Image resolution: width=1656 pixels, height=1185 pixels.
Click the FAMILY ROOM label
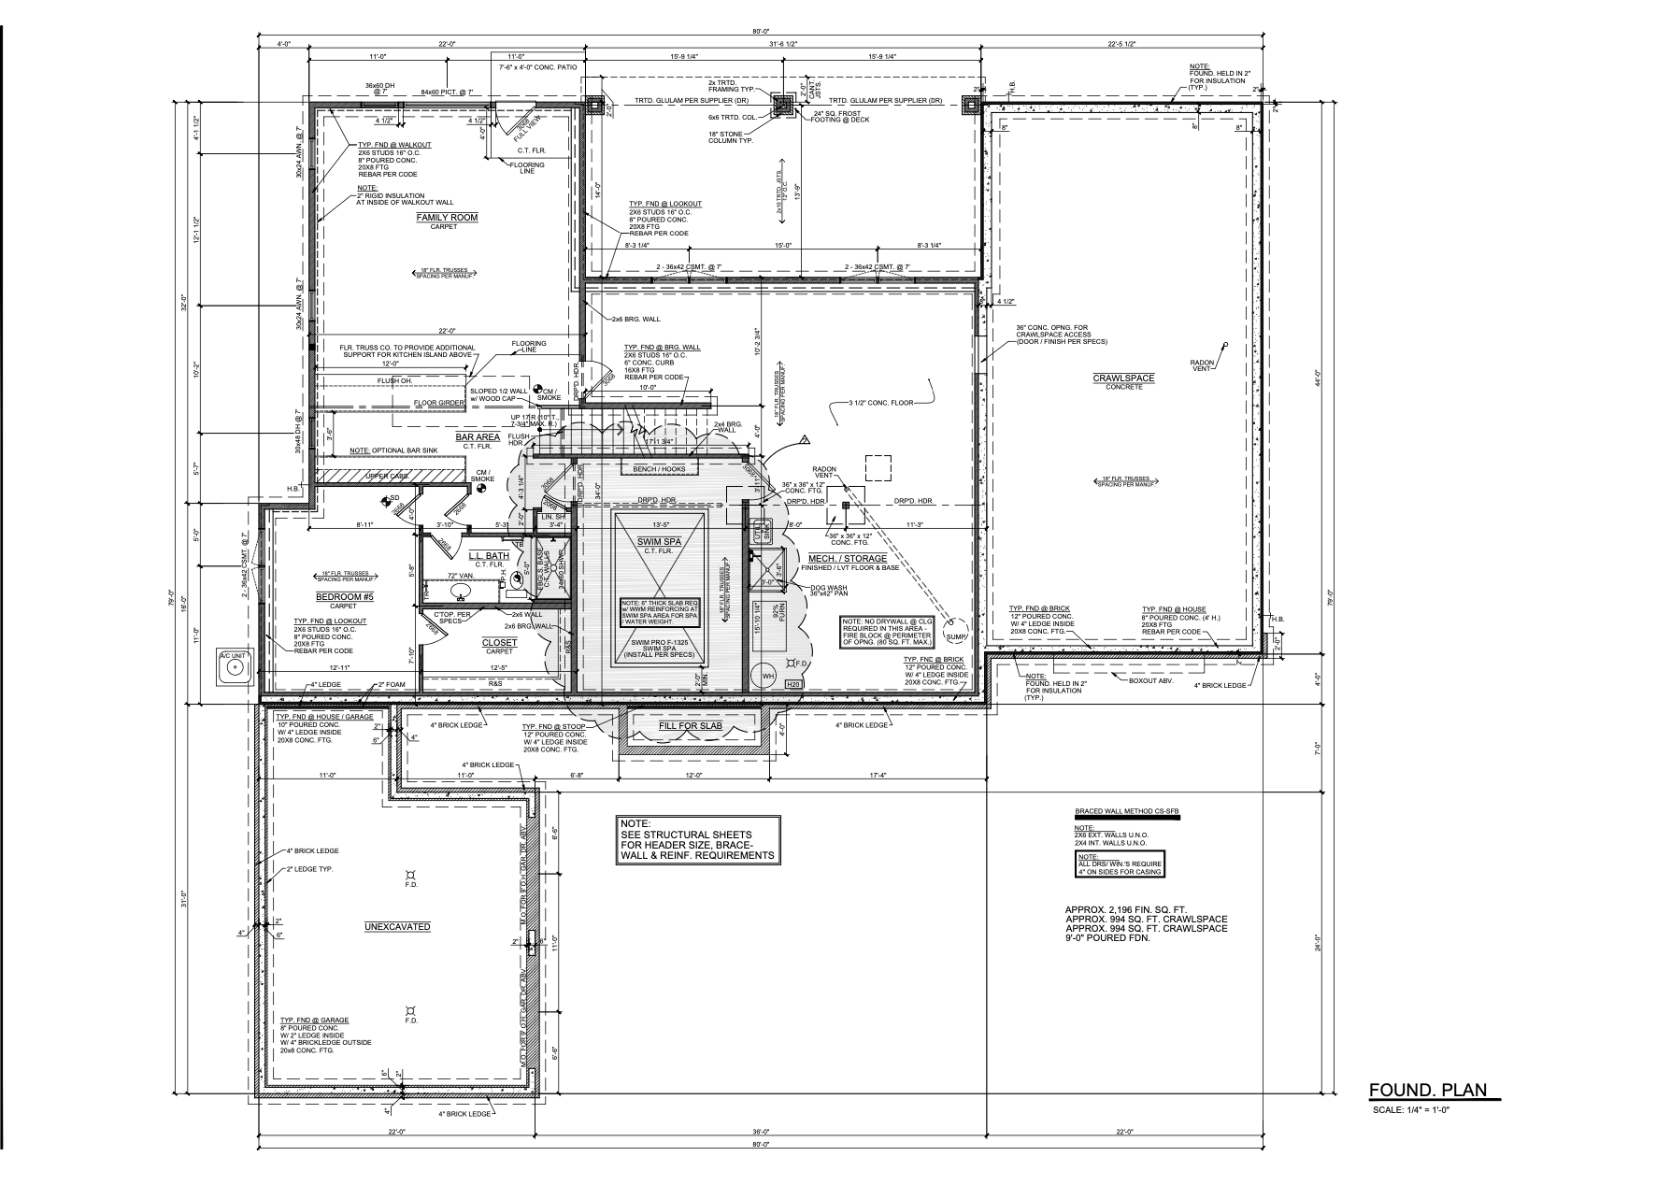(x=447, y=218)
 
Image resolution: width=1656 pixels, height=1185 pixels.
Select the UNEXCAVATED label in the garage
(x=397, y=926)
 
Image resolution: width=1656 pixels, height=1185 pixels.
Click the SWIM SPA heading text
(x=659, y=542)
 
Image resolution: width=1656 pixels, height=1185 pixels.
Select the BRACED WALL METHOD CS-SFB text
(x=1127, y=811)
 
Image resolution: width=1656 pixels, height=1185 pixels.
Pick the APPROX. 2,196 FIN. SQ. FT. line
(x=1125, y=909)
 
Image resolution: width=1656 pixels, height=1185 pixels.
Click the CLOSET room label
(x=498, y=643)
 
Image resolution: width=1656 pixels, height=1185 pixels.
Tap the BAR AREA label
(x=478, y=437)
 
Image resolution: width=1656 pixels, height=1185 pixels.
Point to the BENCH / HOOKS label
(x=659, y=469)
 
